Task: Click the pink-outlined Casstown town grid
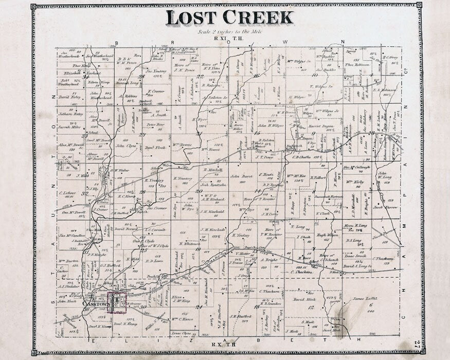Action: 117,302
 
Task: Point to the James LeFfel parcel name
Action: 365,298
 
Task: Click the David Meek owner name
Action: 304,299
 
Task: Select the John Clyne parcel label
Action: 125,146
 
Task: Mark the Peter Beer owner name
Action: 155,124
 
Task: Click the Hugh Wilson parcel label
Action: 327,235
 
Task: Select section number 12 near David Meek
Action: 311,307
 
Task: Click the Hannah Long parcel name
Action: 129,82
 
